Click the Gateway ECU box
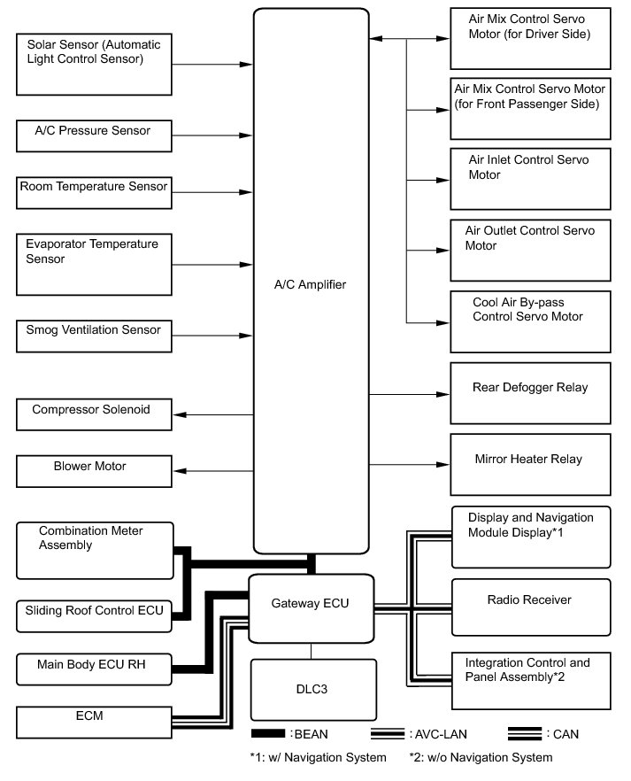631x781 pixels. (x=311, y=610)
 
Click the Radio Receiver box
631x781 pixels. (x=530, y=607)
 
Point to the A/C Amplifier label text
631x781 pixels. (x=311, y=285)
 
